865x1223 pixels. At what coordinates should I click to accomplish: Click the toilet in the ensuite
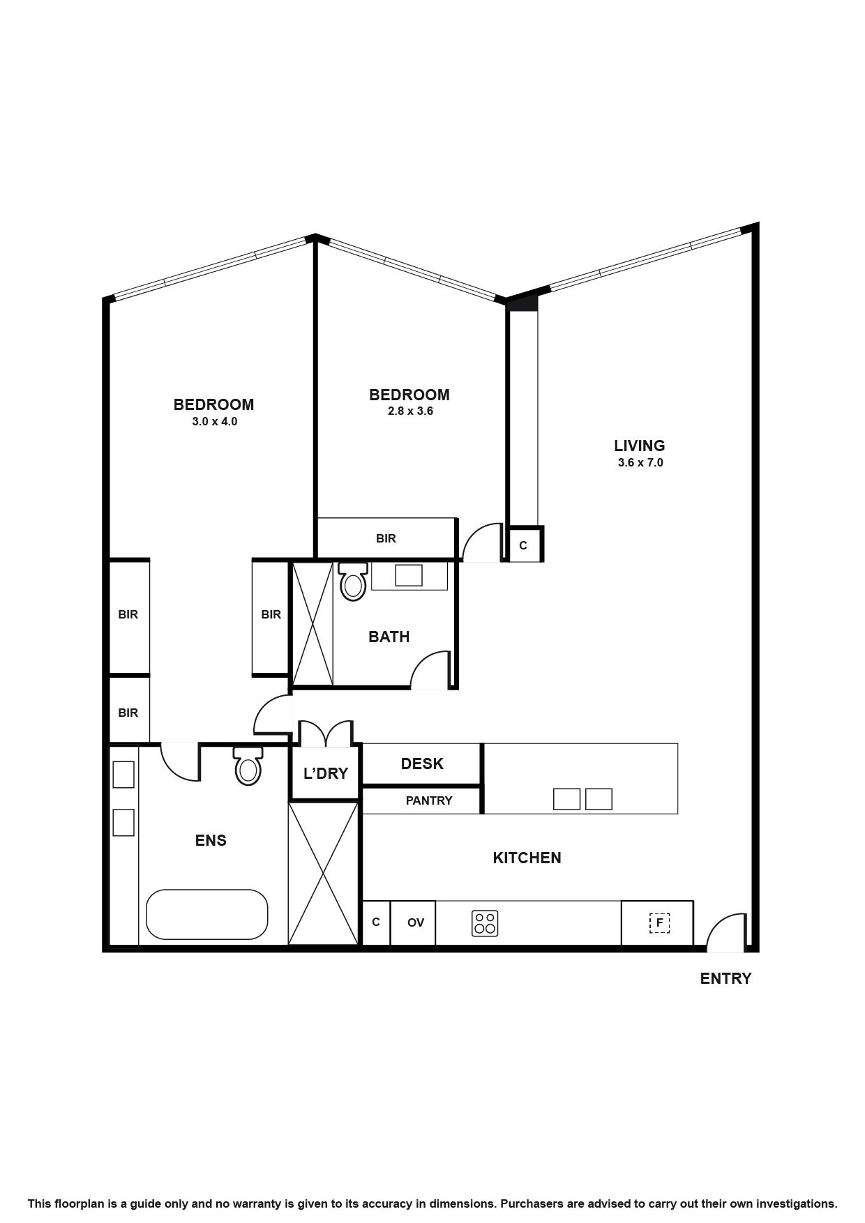248,767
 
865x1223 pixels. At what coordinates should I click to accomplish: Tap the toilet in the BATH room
353,583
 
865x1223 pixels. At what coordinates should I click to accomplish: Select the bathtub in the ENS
206,914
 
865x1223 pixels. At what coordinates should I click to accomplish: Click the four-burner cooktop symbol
485,923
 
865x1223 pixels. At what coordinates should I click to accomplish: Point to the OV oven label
416,922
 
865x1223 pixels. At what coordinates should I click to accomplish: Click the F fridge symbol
659,922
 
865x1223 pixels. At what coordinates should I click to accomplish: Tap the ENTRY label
725,978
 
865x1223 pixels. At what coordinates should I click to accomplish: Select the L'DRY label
326,773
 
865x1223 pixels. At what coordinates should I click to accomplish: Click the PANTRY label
429,800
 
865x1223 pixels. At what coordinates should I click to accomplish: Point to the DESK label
422,764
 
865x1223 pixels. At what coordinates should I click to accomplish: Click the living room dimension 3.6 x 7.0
640,462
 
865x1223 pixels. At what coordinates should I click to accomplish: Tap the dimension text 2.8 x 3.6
410,411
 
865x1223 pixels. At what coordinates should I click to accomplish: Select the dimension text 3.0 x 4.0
215,422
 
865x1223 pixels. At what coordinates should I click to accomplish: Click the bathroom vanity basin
409,575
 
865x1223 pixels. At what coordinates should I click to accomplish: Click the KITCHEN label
527,858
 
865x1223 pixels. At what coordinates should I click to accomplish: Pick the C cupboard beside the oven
376,922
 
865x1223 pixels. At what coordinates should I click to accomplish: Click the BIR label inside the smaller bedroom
386,538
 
